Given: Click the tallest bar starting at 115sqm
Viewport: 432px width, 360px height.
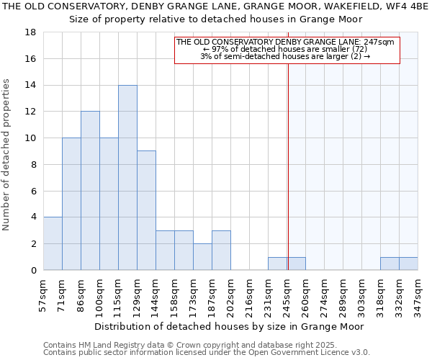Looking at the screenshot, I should click(127, 178).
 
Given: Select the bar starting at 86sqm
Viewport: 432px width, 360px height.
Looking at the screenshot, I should click(90, 191).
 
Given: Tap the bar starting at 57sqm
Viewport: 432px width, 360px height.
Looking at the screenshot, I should click(53, 243).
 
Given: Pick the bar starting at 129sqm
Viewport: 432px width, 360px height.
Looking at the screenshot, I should click(146, 210).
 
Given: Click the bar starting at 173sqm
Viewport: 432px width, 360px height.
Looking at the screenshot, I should click(202, 257).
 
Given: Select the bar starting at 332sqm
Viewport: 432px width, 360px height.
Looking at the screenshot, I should click(408, 264).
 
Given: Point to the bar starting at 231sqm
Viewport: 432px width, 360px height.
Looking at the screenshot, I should click(277, 264).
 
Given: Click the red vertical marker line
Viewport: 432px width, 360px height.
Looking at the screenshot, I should click(288, 166).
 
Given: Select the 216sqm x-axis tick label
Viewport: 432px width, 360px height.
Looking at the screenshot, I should click(249, 294).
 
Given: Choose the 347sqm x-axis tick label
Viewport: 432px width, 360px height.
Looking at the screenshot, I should click(418, 294).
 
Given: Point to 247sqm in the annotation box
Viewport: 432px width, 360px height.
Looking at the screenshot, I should click(381, 42).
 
